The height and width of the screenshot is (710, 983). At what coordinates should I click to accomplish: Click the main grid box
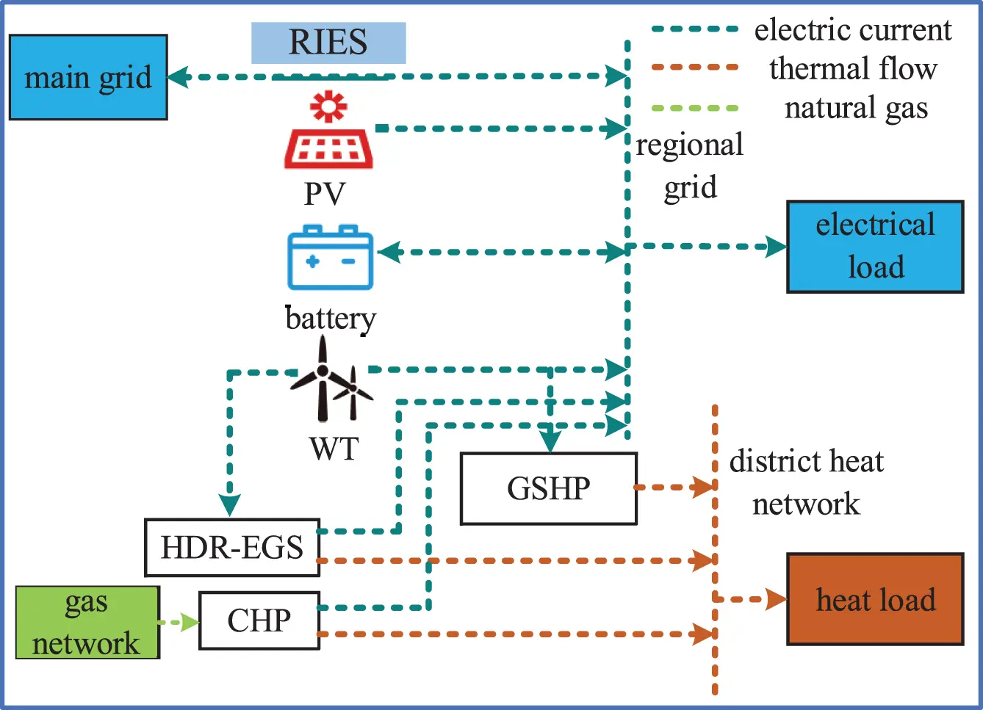pyautogui.click(x=87, y=77)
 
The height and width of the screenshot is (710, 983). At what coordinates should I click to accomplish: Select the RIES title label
pyautogui.click(x=328, y=43)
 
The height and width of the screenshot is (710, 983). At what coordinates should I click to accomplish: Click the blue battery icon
pyautogui.click(x=331, y=258)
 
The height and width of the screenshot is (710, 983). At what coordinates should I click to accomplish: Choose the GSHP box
pyautogui.click(x=548, y=488)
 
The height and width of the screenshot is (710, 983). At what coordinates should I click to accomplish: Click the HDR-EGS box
pyautogui.click(x=232, y=548)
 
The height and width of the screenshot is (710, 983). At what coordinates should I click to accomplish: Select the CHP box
pyautogui.click(x=259, y=620)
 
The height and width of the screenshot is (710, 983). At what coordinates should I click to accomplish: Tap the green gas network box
pyautogui.click(x=87, y=622)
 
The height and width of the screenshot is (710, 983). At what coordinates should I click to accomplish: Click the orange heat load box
pyautogui.click(x=875, y=599)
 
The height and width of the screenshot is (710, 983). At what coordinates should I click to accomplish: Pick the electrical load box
pyautogui.click(x=875, y=247)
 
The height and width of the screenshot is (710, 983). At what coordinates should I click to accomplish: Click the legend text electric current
pyautogui.click(x=853, y=30)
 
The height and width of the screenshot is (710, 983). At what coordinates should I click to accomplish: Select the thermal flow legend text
pyautogui.click(x=853, y=69)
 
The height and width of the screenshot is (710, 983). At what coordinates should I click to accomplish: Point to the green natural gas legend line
pyautogui.click(x=695, y=108)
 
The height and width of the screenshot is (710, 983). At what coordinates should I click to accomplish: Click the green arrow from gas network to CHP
pyautogui.click(x=179, y=623)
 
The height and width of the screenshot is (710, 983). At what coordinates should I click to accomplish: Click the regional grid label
pyautogui.click(x=689, y=166)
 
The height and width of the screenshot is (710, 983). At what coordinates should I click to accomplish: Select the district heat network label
pyautogui.click(x=806, y=482)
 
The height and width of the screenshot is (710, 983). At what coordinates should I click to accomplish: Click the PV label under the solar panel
pyautogui.click(x=325, y=194)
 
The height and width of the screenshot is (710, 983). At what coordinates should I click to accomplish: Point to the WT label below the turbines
pyautogui.click(x=334, y=449)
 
